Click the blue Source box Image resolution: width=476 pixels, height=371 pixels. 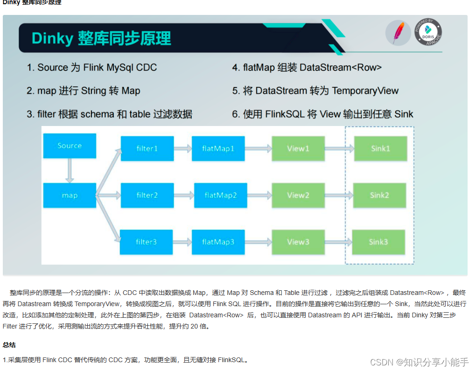coord(70,146)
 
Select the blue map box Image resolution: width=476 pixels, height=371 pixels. coord(70,195)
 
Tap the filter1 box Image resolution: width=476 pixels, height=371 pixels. coord(147,148)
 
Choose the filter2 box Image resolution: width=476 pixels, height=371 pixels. coord(147,195)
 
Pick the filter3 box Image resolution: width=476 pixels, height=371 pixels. coord(147,242)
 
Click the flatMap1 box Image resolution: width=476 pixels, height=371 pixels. coord(218,148)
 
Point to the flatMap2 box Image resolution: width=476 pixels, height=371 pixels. coord(221,195)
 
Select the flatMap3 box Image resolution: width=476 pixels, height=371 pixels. coord(218,242)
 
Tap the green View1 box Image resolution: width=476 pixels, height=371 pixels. coord(298,148)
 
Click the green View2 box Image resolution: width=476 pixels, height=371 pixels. coord(298,195)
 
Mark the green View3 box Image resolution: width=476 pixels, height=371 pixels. coord(298,242)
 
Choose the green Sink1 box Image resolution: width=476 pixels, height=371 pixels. coord(380,148)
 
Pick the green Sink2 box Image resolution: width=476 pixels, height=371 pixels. coord(379,195)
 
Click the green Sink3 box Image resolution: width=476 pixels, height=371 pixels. coord(378,242)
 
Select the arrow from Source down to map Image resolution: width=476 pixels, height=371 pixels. coord(70,170)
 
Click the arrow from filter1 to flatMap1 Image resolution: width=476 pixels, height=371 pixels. coord(182,148)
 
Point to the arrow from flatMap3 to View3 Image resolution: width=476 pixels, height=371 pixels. coord(259,242)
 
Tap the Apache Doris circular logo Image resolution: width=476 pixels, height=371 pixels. coord(428,32)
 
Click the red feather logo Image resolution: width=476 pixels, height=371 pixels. coord(398,33)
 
